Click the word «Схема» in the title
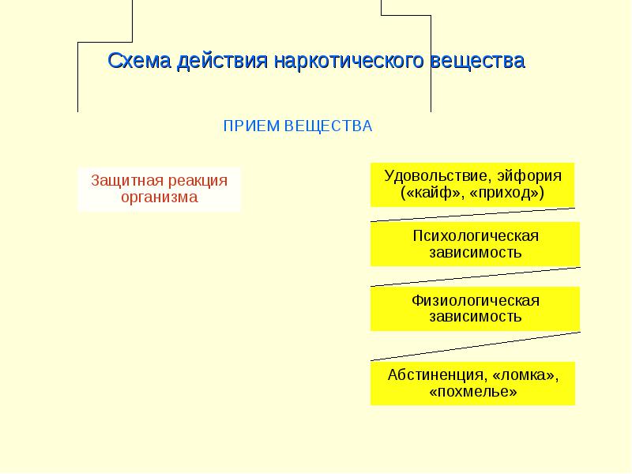point(139,61)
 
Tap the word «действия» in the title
point(222,62)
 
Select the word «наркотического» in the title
point(348,62)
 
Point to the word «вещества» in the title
point(478,62)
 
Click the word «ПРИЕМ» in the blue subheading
point(251,126)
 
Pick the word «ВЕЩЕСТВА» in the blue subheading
point(329,126)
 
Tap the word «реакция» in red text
point(198,182)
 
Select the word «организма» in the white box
point(160,197)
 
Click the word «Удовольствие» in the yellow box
point(438,176)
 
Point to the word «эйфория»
point(529,176)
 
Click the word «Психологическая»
point(476,235)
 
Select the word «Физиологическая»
point(476,301)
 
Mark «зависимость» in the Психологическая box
point(476,253)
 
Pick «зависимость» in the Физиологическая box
point(476,318)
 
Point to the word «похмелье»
point(473,392)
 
